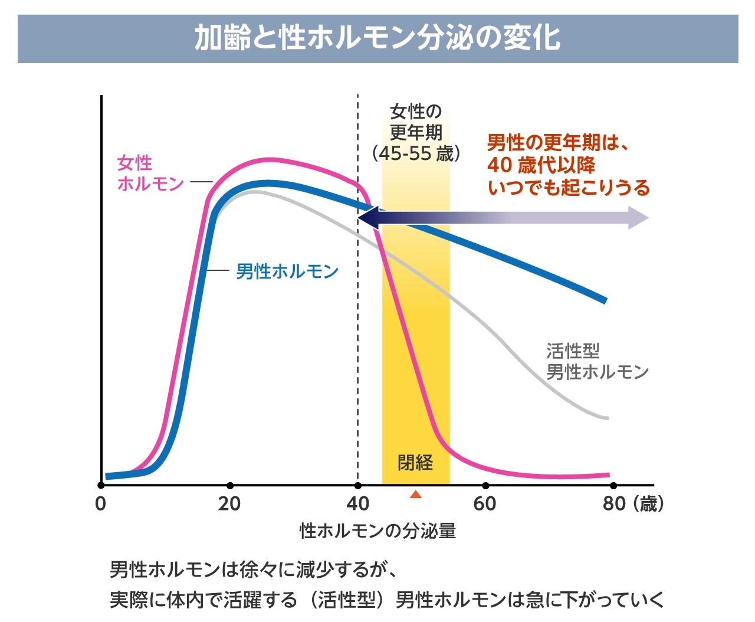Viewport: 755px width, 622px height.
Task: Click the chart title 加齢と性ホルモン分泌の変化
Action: tap(377, 38)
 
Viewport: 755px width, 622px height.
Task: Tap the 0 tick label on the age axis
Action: tap(101, 504)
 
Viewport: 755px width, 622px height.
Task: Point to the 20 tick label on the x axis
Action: tap(229, 504)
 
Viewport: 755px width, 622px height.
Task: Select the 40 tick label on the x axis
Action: tap(357, 504)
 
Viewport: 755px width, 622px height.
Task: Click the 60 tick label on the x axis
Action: tap(485, 504)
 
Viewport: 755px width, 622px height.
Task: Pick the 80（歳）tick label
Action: tap(633, 504)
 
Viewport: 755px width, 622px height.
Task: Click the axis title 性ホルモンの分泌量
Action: tap(377, 531)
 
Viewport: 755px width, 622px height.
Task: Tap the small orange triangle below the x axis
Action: tap(416, 495)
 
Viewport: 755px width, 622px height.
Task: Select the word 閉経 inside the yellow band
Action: tap(415, 463)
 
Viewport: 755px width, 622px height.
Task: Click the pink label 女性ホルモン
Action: tap(150, 173)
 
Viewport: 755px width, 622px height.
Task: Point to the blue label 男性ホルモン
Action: tap(287, 271)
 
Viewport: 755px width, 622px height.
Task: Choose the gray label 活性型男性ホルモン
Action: tap(596, 361)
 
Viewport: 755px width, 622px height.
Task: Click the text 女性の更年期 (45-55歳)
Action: tap(416, 132)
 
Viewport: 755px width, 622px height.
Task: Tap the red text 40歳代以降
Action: tap(541, 165)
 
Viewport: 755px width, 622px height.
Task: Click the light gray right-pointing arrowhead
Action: tap(639, 218)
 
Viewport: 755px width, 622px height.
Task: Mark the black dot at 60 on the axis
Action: tap(485, 486)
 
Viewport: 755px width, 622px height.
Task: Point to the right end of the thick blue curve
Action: tap(605, 300)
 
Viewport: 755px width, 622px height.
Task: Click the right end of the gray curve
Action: tap(606, 418)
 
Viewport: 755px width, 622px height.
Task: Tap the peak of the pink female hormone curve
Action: tap(269, 160)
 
